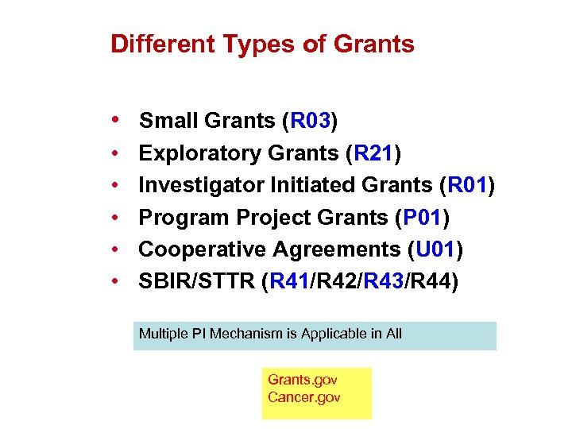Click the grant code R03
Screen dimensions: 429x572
point(310,122)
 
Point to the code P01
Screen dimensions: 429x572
point(425,218)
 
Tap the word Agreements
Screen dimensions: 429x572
point(336,249)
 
